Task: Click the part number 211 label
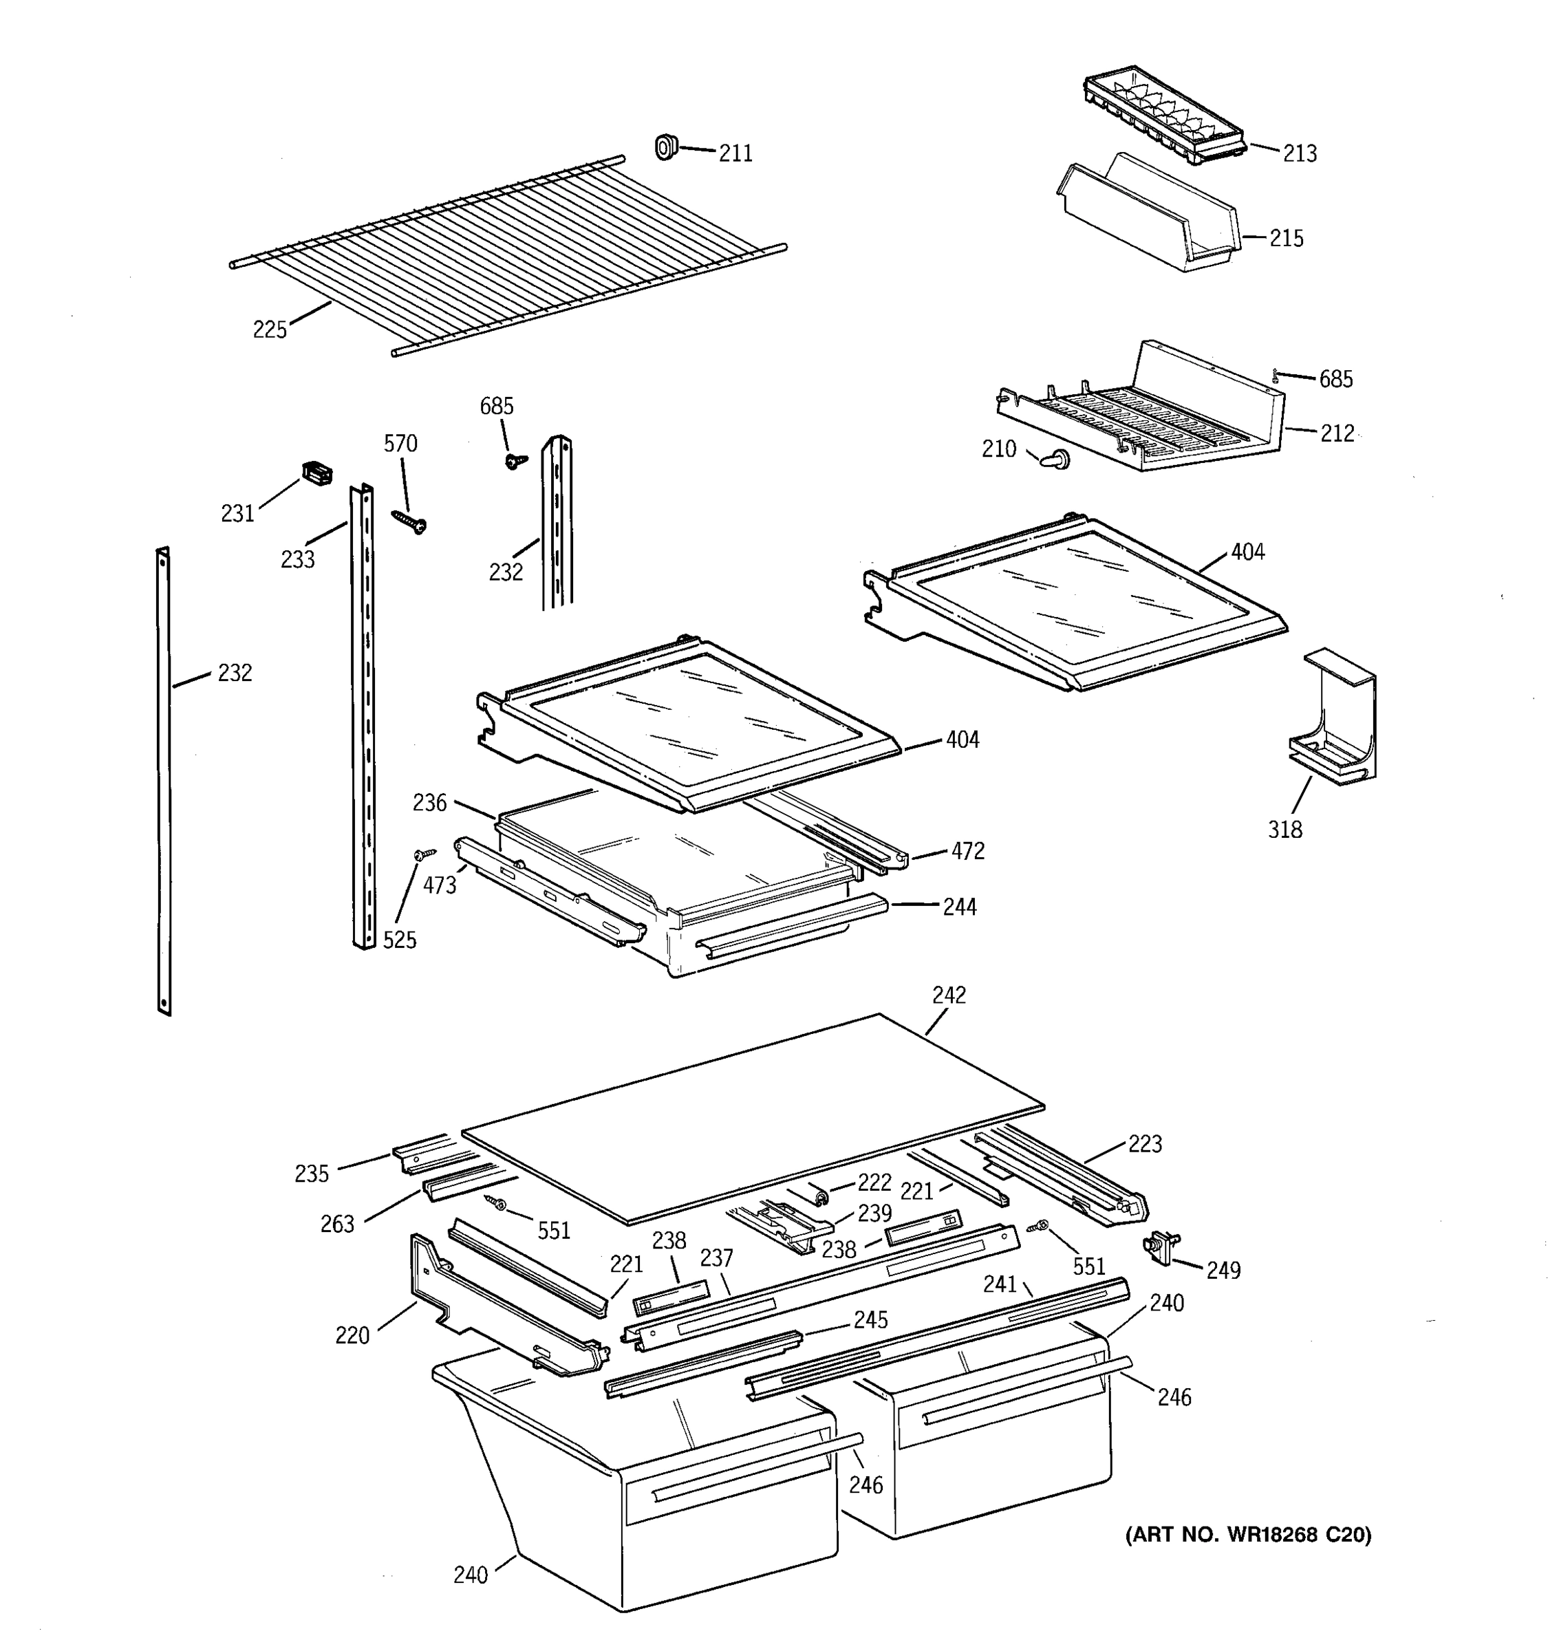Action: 735,153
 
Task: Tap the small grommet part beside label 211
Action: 665,148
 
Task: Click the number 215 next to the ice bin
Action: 1286,238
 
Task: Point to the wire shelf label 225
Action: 270,330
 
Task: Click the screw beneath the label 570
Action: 409,521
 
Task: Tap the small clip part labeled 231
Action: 316,473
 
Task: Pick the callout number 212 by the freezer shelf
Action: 1337,433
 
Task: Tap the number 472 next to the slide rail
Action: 967,850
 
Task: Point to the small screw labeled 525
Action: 424,854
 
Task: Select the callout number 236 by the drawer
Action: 429,802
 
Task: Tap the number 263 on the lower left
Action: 337,1223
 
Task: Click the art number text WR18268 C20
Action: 1248,1534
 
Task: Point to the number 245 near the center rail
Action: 870,1319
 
